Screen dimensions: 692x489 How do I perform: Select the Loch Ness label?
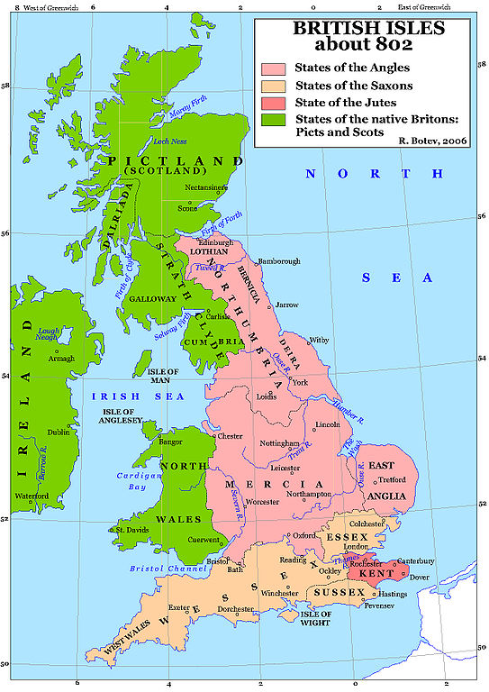[x=168, y=142]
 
